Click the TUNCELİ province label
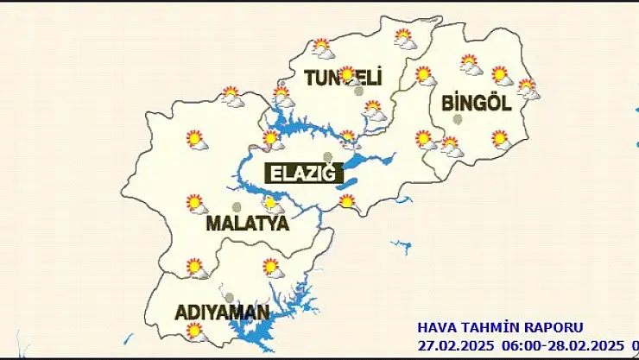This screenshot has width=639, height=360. click(343, 79)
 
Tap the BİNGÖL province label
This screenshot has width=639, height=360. click(477, 103)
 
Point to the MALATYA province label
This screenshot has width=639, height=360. click(247, 224)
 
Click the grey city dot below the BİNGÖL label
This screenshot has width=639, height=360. click(458, 119)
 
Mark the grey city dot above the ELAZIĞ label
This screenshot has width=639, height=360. click(327, 156)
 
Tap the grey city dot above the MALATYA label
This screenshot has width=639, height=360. click(237, 206)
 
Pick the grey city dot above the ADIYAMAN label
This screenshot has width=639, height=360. click(229, 296)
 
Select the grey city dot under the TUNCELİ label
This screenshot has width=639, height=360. click(358, 91)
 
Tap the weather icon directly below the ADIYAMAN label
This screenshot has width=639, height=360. click(197, 331)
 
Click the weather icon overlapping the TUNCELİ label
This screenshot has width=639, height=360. click(348, 75)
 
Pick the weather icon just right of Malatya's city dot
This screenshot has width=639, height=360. click(272, 205)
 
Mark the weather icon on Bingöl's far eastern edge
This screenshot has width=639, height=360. click(528, 88)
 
